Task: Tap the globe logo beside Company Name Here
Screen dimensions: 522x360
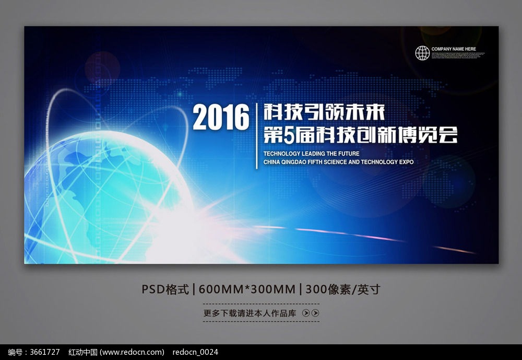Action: [x=422, y=53]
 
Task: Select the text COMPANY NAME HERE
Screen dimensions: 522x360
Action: [x=454, y=49]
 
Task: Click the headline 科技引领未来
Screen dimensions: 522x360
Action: [x=324, y=112]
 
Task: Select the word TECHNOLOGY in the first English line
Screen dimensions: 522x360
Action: [x=282, y=154]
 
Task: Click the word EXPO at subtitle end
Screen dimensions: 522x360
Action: [x=407, y=162]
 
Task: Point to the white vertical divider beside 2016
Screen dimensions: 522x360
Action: [x=256, y=136]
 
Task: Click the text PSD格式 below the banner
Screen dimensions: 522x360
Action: [x=165, y=289]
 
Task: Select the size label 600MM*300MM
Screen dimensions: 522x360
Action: [x=247, y=289]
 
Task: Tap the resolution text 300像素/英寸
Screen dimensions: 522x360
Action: [x=342, y=289]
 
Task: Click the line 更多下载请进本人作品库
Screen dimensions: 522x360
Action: [x=250, y=313]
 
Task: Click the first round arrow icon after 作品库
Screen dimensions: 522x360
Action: [x=305, y=313]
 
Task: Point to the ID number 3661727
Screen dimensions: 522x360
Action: [x=45, y=352]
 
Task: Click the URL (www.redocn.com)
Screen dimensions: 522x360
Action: [x=132, y=352]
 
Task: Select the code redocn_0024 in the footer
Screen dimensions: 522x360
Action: [x=195, y=352]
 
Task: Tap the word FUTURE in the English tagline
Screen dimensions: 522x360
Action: [x=349, y=154]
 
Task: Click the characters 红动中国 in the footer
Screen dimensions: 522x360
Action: [x=83, y=352]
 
